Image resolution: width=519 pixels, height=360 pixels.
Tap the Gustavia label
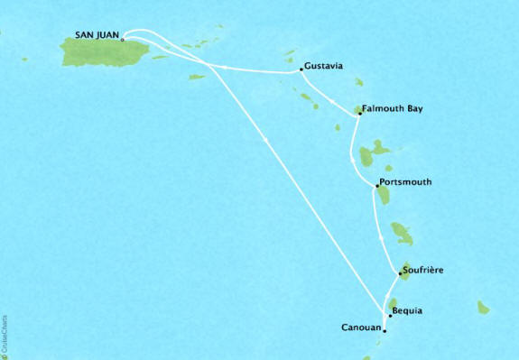tap(325, 67)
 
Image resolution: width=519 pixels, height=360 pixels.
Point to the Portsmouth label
tap(405, 182)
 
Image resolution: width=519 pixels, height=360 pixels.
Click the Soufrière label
tap(423, 270)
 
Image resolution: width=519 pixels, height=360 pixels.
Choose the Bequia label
tap(407, 311)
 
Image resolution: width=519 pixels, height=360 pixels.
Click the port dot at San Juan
tap(122, 40)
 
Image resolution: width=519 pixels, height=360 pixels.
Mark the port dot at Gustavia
tap(300, 69)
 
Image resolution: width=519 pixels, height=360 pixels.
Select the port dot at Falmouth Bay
tap(359, 115)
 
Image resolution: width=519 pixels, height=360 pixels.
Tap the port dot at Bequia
tap(390, 316)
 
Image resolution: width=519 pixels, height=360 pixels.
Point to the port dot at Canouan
tap(385, 331)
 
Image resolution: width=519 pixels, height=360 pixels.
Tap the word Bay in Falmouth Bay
tap(414, 110)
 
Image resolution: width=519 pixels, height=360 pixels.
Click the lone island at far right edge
tap(483, 308)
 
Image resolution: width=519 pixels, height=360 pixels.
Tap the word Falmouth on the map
tap(383, 110)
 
